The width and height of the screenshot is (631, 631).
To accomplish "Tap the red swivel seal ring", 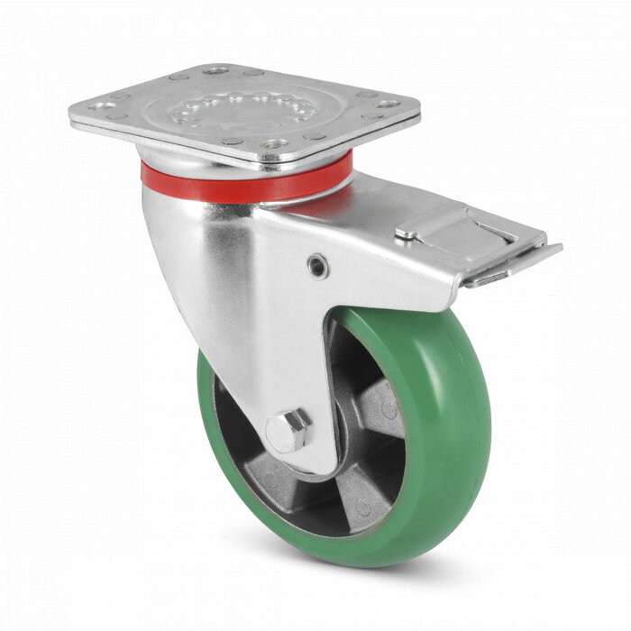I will click(243, 187).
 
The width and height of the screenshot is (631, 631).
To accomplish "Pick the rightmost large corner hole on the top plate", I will click(388, 105).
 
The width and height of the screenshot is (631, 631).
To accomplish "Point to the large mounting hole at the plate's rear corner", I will click(216, 70).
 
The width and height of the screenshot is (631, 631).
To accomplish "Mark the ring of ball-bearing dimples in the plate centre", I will click(243, 109).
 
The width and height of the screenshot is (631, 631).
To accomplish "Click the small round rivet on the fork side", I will click(316, 265).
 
